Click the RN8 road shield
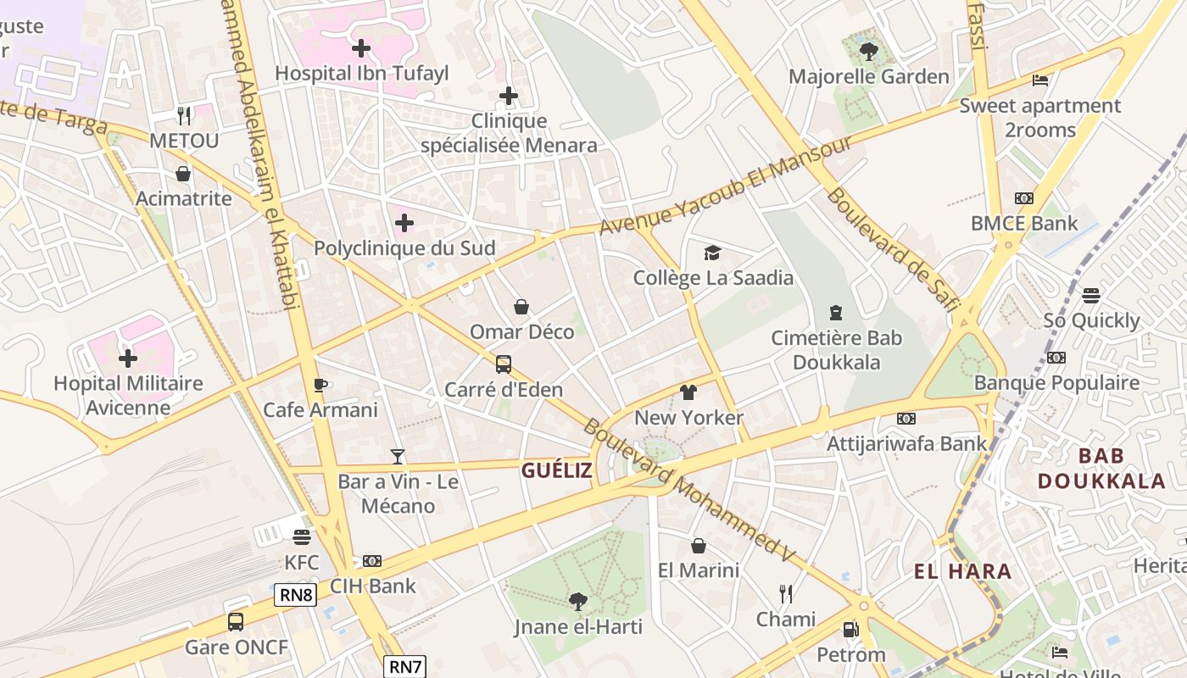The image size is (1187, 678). point(296,595)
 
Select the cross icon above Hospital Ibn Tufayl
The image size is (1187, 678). point(361,48)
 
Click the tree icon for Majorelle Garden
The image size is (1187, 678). point(868,52)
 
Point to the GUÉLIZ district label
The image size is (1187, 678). point(556,471)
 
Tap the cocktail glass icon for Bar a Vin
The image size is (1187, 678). point(398,457)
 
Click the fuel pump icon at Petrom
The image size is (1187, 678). point(850,630)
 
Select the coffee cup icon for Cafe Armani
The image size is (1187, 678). point(320,386)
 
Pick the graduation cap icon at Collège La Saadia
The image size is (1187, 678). point(712,253)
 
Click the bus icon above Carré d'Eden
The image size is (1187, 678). point(504,364)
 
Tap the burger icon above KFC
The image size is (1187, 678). point(302,537)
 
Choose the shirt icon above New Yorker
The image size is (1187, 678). point(688,392)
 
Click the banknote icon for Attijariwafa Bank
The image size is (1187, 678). point(906,419)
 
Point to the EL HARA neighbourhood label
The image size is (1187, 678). point(962,571)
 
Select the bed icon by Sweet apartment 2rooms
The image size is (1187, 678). point(1040,81)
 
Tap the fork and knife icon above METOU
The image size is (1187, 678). point(184,115)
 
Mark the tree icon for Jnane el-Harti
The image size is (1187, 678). point(578,602)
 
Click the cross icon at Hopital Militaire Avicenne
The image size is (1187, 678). point(128,358)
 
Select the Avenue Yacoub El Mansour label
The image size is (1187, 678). point(726,185)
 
